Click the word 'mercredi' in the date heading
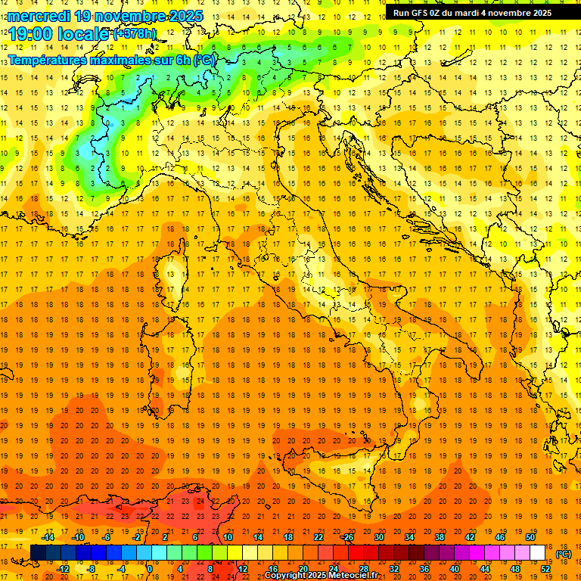[x=39, y=15]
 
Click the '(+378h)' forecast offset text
[x=135, y=34]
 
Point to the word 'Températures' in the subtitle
[x=48, y=59]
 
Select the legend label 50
[x=530, y=537]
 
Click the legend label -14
[x=48, y=537]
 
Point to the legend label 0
[x=150, y=569]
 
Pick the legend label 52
[x=545, y=569]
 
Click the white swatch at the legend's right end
[x=538, y=552]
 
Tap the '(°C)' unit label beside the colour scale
[x=563, y=553]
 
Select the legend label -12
[x=64, y=569]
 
